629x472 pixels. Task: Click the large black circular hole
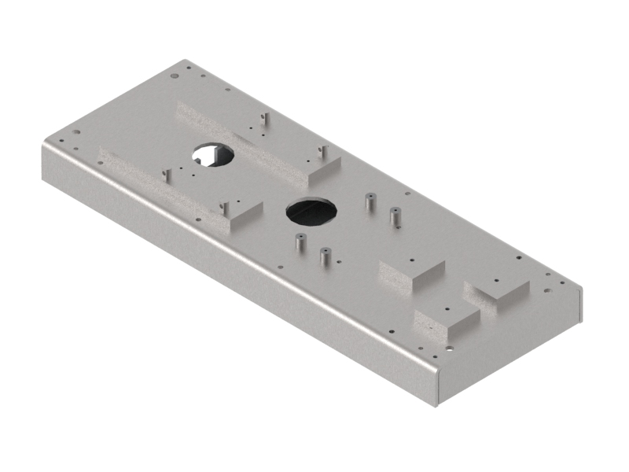[311, 211]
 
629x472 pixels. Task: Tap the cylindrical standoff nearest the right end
[395, 216]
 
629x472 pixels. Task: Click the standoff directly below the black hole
[299, 242]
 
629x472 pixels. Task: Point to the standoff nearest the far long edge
[369, 201]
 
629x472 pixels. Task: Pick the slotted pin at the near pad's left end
[166, 175]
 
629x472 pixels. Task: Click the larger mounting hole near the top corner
[174, 76]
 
